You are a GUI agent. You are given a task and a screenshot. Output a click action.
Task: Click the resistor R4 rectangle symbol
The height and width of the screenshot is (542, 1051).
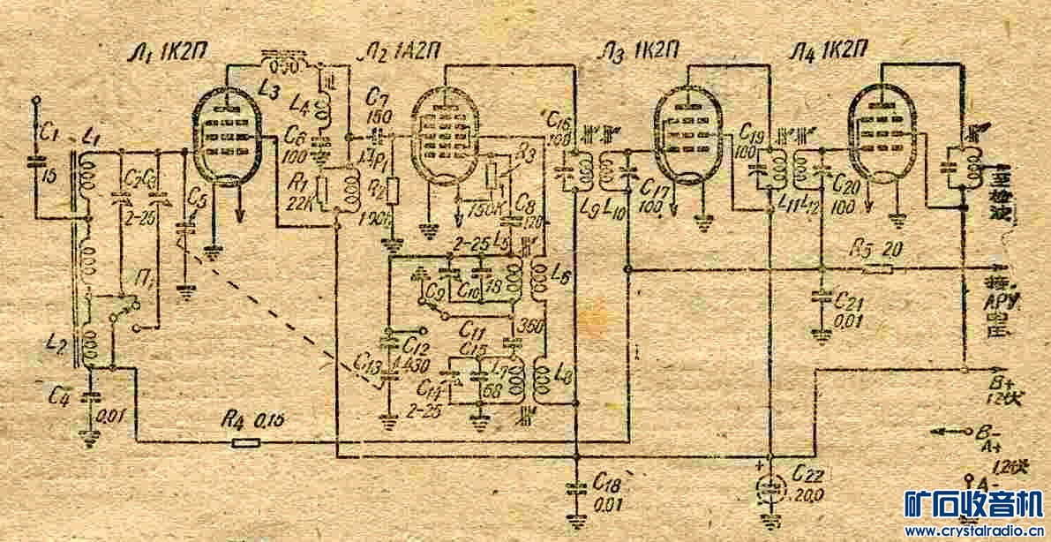(245, 440)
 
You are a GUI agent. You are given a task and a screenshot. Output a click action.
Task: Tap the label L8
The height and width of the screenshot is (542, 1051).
(562, 375)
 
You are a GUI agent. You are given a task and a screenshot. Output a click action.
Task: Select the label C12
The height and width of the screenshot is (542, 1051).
(414, 343)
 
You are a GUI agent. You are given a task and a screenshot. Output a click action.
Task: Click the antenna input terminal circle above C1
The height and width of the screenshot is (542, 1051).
(36, 101)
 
